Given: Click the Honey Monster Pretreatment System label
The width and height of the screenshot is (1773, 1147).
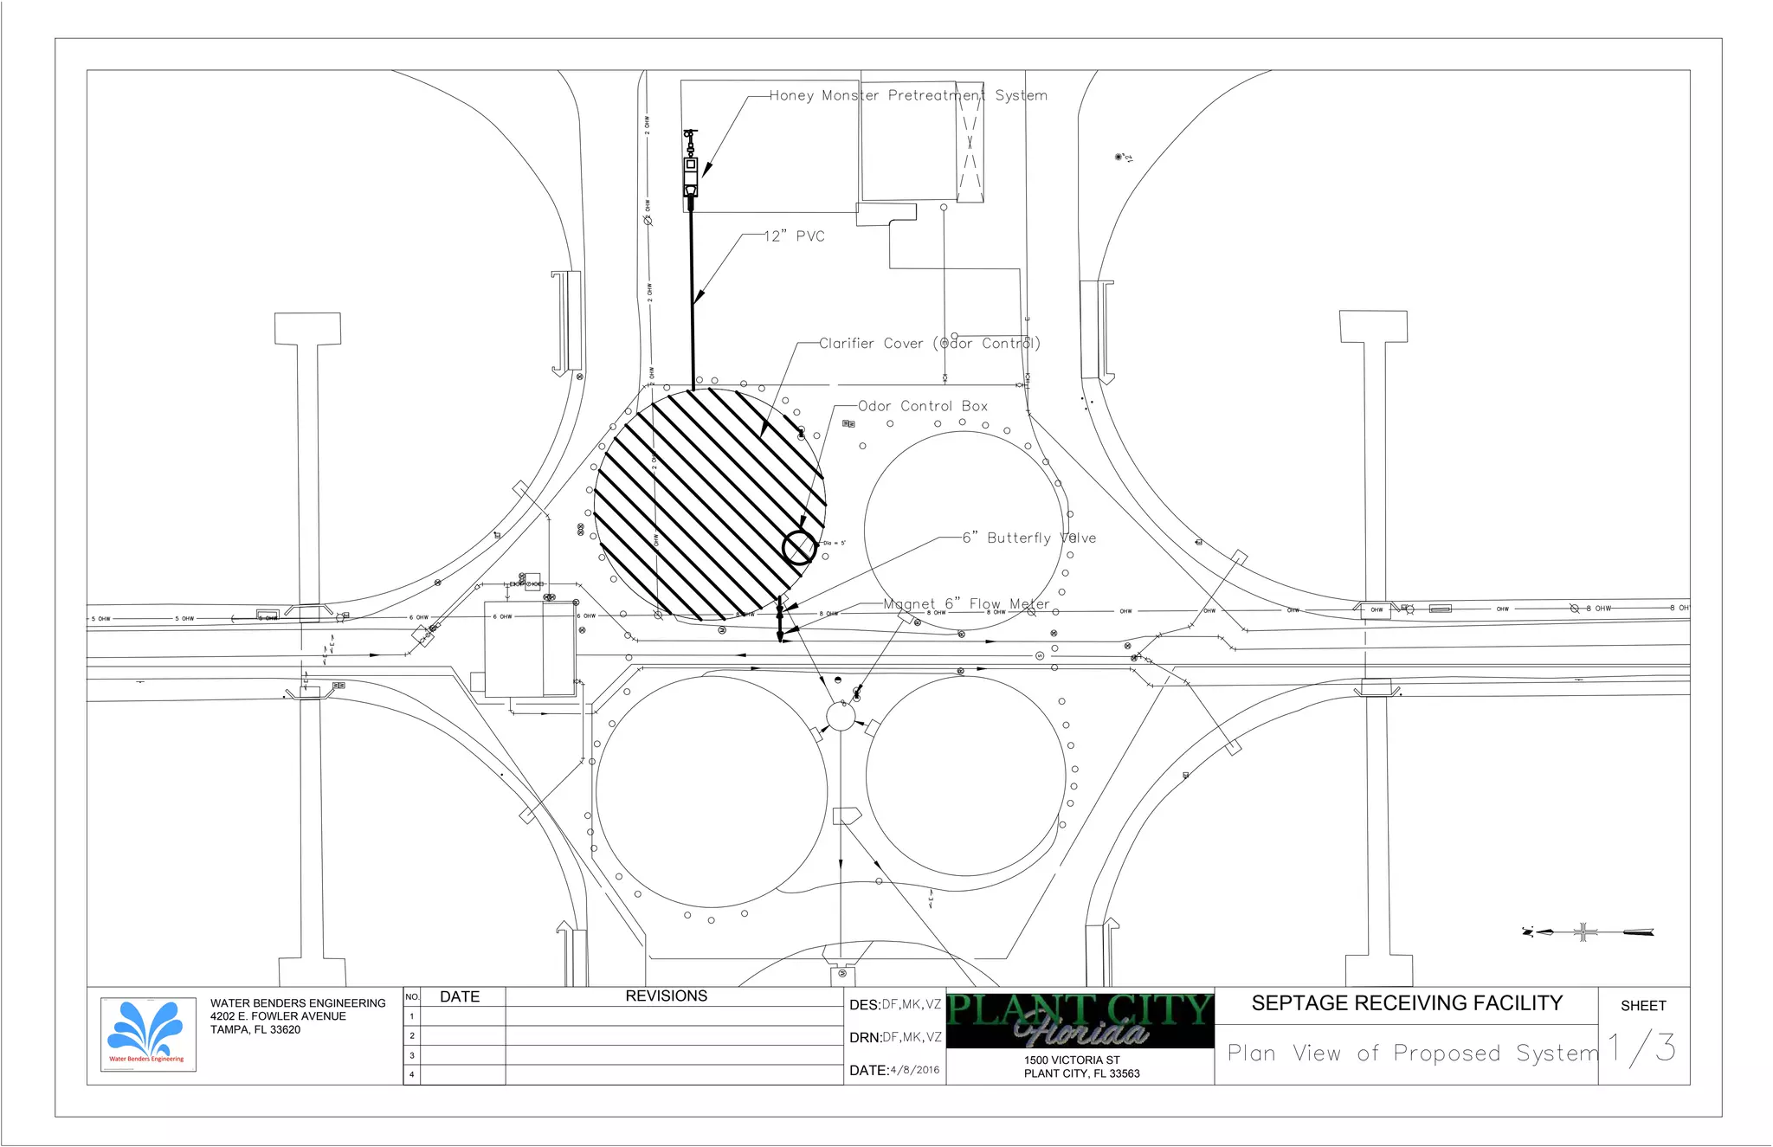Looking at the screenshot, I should (908, 95).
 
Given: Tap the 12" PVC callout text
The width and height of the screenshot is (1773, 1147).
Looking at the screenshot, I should (794, 236).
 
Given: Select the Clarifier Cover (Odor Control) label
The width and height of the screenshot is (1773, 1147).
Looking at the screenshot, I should (930, 344).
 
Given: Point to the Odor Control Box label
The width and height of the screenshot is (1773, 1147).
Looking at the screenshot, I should (923, 406).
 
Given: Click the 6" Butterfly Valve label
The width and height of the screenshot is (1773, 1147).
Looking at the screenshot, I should (1029, 538).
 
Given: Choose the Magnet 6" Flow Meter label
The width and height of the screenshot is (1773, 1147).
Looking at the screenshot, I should (966, 603).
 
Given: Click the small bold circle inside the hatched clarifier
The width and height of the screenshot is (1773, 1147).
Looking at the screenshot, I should (799, 547).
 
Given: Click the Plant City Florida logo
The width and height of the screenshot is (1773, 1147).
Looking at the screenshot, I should (1080, 1020).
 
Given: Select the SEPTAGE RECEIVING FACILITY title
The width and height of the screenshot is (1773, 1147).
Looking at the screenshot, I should (1407, 1003).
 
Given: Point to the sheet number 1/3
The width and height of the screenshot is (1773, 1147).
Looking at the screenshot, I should (1642, 1048).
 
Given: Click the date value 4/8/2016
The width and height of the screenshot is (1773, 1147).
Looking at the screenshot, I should (914, 1070).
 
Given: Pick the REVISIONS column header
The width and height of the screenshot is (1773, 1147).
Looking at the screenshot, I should (666, 996).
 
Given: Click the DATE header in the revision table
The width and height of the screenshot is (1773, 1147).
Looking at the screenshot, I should (459, 997).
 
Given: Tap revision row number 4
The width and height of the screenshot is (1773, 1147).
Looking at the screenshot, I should (412, 1074).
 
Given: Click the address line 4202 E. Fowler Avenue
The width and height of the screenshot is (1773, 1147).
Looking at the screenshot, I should (278, 1016).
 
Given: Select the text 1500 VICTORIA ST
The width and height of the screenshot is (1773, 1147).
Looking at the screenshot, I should (1072, 1060).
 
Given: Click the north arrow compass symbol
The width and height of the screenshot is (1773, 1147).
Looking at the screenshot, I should (1584, 932).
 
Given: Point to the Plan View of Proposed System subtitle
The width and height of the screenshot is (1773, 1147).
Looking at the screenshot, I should (1412, 1054).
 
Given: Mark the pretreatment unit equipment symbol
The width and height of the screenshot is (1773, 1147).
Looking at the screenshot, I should (691, 168).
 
